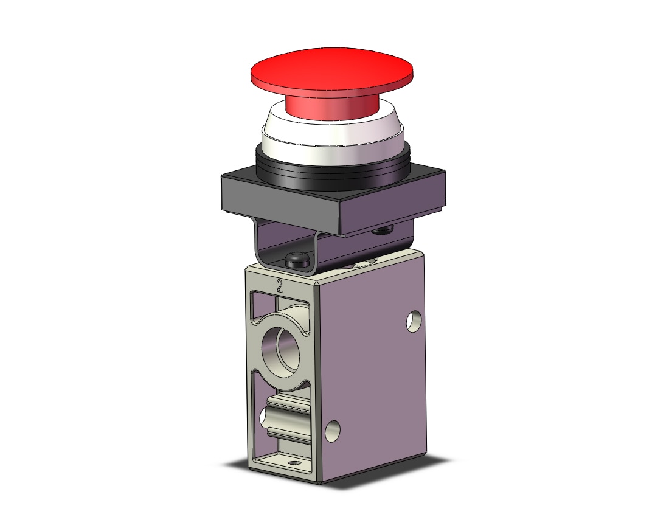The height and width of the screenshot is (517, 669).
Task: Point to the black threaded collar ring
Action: click(333, 171)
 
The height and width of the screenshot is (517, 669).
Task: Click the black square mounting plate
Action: click(333, 201)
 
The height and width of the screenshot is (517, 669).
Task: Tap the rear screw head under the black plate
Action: click(382, 231)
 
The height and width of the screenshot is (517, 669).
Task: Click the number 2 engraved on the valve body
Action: click(280, 285)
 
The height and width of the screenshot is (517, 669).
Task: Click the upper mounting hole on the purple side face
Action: click(414, 322)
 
